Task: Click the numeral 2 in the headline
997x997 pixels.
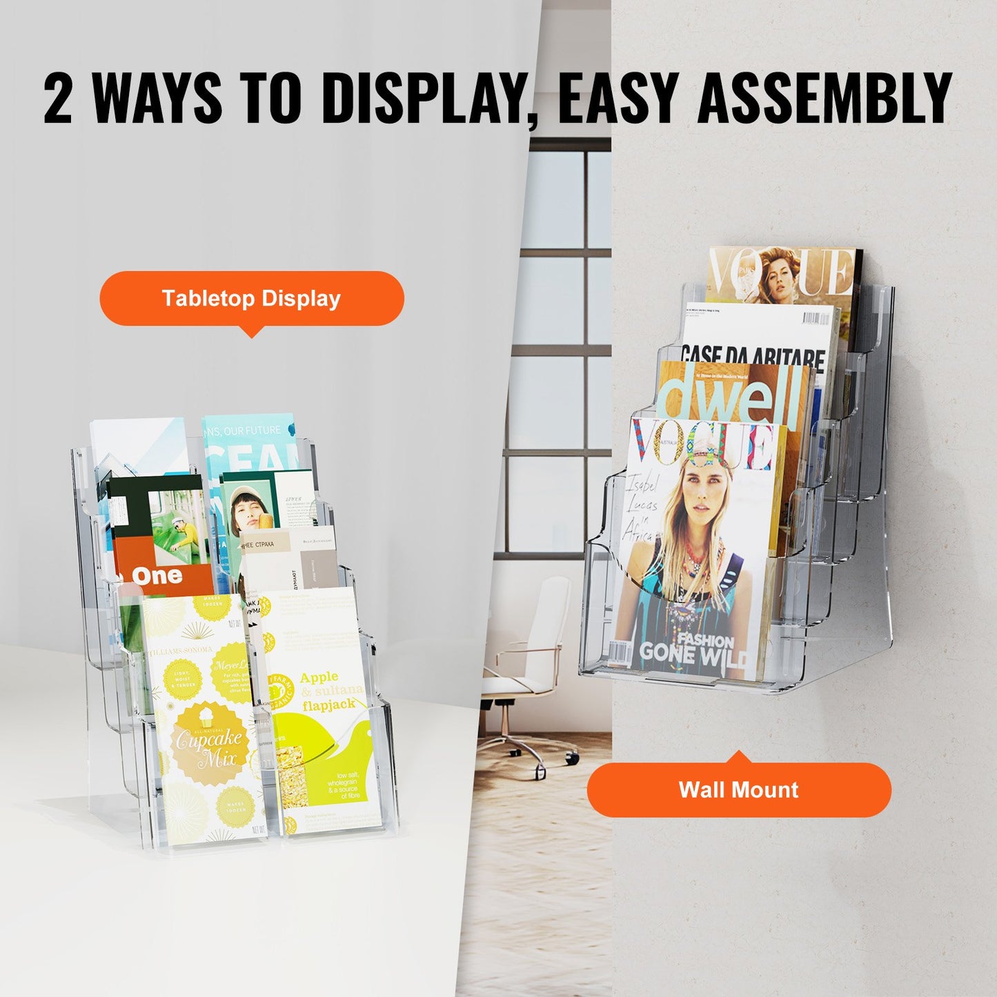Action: click(x=58, y=98)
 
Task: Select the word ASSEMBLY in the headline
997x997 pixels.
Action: click(x=825, y=98)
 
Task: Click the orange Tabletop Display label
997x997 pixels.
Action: click(x=252, y=298)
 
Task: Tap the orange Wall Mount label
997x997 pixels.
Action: click(x=739, y=789)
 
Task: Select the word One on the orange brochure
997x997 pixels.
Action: click(x=157, y=575)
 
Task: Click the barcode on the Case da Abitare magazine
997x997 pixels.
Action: click(x=816, y=319)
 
